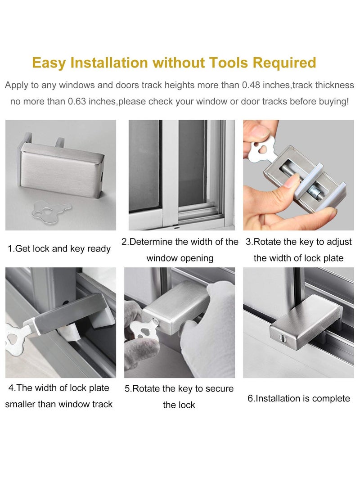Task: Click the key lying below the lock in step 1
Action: tap(52, 208)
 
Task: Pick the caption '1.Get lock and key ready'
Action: tap(59, 249)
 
